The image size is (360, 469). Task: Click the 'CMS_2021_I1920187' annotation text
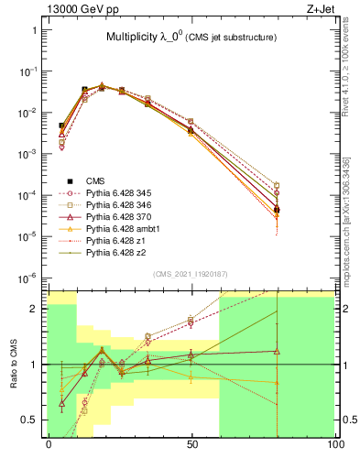pos(191,273)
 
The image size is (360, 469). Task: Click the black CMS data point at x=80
pos(277,210)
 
